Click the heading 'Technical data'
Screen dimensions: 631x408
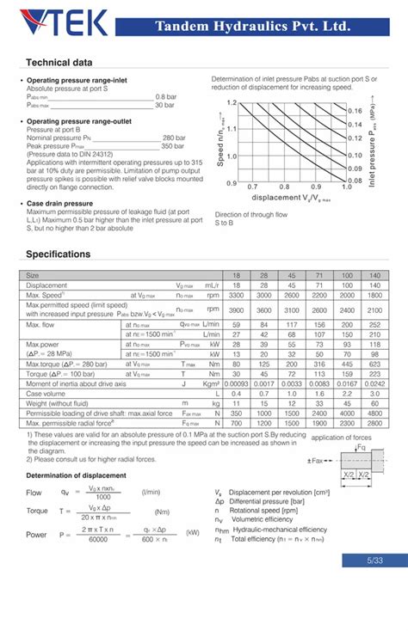click(59, 63)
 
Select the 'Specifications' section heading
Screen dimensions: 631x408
click(58, 254)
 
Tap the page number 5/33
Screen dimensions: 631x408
click(372, 561)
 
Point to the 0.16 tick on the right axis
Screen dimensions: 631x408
click(355, 111)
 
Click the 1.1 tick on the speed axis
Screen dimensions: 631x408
click(231, 128)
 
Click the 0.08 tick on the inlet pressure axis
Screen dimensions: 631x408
click(355, 181)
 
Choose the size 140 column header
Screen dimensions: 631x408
click(374, 275)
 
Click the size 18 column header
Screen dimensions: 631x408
click(237, 275)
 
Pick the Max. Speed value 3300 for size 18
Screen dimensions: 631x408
click(237, 295)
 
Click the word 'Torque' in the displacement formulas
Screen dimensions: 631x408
click(37, 511)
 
